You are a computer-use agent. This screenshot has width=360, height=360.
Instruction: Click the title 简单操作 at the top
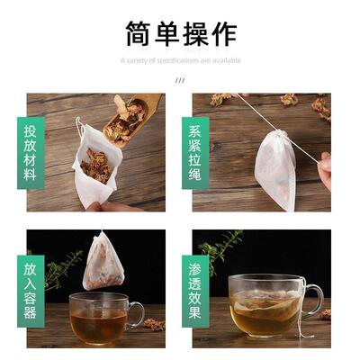tap(180, 33)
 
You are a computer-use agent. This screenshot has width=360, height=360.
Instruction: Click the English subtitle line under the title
tap(180, 61)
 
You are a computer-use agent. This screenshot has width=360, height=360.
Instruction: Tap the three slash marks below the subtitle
tap(180, 80)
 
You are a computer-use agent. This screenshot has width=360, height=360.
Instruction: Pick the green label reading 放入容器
tap(30, 288)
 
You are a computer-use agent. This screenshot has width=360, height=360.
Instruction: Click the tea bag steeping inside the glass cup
tap(265, 310)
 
